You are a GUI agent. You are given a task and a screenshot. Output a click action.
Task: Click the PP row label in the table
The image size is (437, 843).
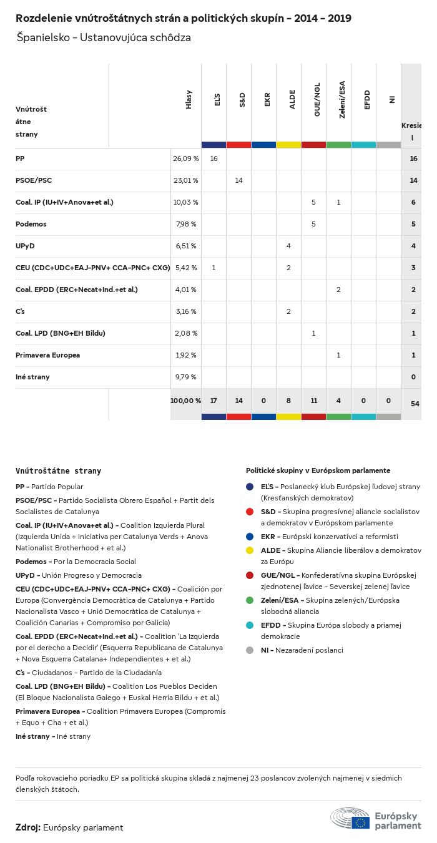point(20,158)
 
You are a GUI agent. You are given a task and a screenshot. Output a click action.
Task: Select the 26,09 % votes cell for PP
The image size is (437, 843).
point(185,158)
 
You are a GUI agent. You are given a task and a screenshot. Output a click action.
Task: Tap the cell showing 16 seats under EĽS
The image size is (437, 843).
point(214,158)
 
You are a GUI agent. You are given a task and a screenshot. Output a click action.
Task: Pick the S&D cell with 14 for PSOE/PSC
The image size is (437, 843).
point(238,180)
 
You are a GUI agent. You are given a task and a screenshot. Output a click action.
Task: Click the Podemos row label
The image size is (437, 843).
point(31,224)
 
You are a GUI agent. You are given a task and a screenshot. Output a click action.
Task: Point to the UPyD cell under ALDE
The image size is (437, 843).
point(288,246)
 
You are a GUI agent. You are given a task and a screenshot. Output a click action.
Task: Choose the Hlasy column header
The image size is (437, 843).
point(189,100)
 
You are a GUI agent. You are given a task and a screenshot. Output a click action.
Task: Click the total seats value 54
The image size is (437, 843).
point(415,404)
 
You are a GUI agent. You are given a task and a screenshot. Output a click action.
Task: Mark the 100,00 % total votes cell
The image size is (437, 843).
point(185,400)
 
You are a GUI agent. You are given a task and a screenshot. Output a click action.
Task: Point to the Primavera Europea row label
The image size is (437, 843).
point(47,355)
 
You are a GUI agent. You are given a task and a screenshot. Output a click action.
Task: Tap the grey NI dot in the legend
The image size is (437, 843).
point(250,650)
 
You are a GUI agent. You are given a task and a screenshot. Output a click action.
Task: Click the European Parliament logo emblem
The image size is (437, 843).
point(350,818)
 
